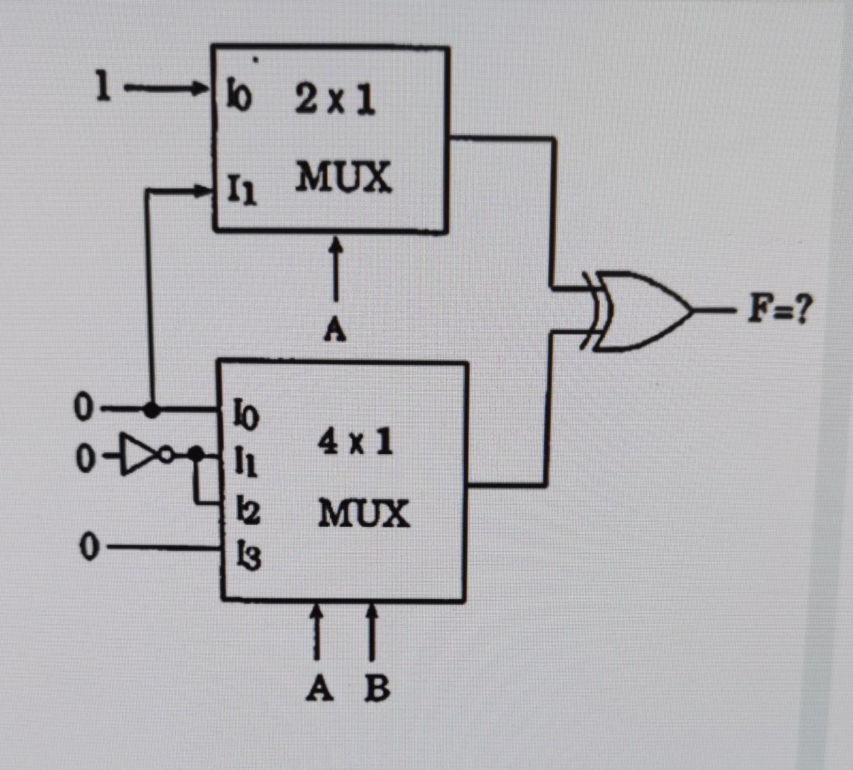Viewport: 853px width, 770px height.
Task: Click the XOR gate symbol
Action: tap(642, 310)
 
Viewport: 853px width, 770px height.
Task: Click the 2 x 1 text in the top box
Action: tap(334, 101)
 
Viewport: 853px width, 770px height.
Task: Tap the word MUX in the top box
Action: tap(343, 176)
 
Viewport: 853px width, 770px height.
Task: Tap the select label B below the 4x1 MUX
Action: tap(377, 687)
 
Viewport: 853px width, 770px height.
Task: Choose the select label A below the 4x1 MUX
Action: tap(319, 687)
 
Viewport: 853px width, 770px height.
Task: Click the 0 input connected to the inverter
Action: tap(84, 458)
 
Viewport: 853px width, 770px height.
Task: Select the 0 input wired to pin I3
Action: tap(88, 546)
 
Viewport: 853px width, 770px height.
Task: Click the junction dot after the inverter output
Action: tap(196, 453)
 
